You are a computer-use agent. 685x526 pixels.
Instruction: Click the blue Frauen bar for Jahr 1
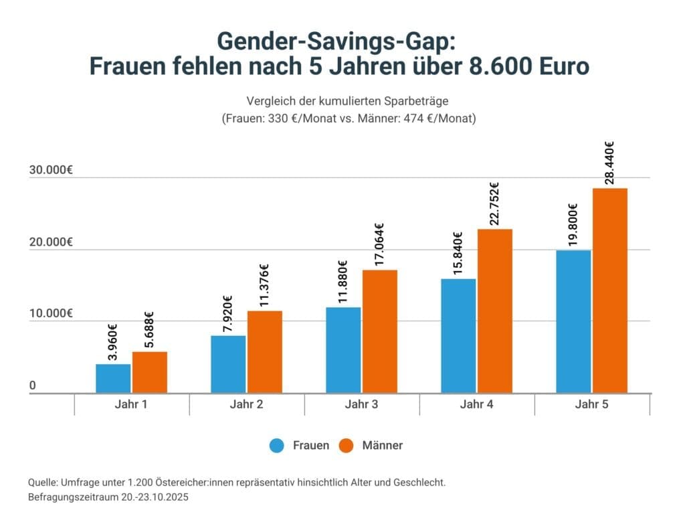coord(113,378)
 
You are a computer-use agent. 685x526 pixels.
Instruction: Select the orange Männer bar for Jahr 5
coord(609,290)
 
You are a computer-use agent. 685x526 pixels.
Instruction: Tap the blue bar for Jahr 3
coord(343,350)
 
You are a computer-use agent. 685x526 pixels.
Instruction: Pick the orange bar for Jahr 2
coord(265,351)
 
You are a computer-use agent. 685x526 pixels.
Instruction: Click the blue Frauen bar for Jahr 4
coord(458,335)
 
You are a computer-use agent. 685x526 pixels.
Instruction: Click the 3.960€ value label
coord(112,342)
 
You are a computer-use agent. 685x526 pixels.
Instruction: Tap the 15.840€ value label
coord(458,254)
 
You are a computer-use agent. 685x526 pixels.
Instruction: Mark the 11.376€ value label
coord(264,286)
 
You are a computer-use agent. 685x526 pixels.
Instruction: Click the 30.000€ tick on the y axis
coord(51,170)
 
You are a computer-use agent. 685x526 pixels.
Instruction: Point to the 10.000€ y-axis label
coord(51,313)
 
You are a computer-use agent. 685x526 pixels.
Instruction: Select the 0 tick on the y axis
coord(33,385)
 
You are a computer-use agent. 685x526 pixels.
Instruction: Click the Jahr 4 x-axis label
coord(477,405)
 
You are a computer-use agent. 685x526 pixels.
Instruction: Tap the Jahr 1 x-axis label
coord(131,405)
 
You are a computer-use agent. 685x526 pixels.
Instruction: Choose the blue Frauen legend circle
coord(277,446)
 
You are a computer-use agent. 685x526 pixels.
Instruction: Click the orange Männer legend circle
coord(347,446)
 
